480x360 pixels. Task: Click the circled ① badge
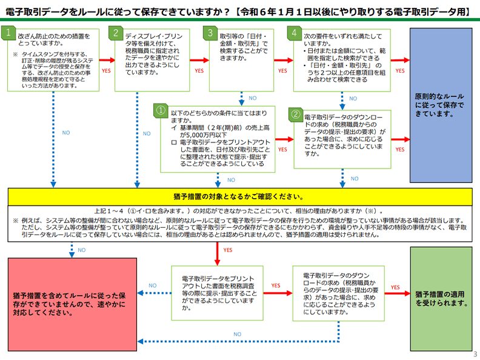pos(161,111)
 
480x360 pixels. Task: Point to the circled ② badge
pos(295,113)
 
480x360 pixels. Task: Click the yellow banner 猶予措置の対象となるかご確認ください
pos(239,196)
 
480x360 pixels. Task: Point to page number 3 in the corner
pos(475,353)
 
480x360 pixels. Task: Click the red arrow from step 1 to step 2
pos(107,61)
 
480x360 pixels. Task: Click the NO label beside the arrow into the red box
pos(152,285)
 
